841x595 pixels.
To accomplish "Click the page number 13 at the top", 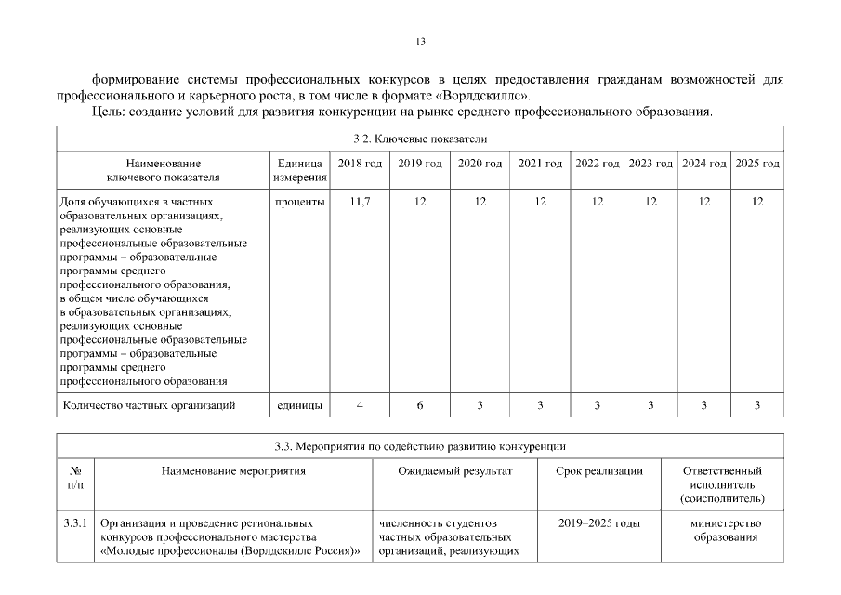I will point(420,41).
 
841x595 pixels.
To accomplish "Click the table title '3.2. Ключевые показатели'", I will point(420,139).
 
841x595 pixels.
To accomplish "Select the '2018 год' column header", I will point(360,164).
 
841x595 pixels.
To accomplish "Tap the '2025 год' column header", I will point(757,164).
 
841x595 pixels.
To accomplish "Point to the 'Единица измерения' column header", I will point(299,170).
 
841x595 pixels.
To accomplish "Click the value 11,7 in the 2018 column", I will point(360,202).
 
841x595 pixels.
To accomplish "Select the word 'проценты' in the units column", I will point(299,202).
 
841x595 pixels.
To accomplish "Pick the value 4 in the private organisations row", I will point(360,405).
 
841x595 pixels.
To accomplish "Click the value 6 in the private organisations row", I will point(420,405).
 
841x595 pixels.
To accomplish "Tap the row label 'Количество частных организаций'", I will point(149,405).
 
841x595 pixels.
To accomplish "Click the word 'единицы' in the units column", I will point(299,405).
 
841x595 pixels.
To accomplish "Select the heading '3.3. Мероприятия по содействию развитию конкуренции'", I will point(420,446).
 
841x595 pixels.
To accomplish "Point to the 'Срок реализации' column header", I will point(599,471).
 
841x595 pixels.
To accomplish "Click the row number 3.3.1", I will point(75,524).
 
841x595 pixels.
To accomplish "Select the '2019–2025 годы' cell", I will point(599,524).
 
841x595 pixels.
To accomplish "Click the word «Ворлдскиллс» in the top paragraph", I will point(485,96).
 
